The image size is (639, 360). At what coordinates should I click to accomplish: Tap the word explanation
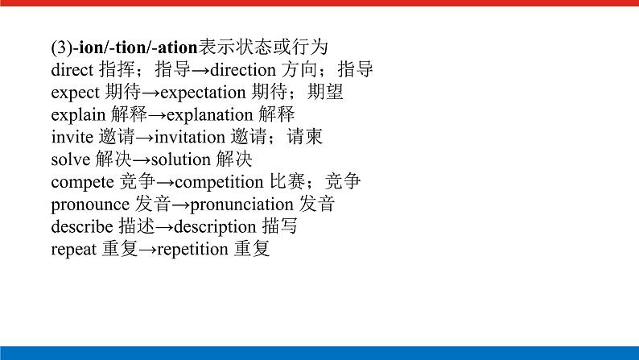(212, 115)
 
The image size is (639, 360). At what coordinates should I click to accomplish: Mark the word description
(216, 227)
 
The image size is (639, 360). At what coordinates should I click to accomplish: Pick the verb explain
(75, 115)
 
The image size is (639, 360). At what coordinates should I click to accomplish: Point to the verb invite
(71, 137)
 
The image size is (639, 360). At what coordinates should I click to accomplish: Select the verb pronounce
(89, 205)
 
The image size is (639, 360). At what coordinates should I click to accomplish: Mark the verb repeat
(73, 250)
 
